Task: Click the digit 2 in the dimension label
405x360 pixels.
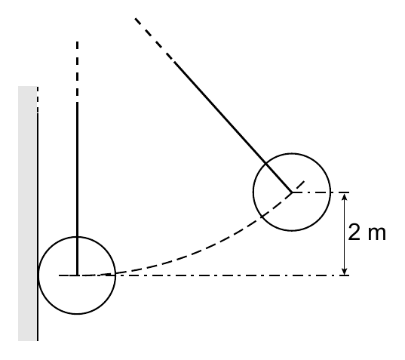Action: coord(354,232)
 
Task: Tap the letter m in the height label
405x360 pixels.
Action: coord(376,234)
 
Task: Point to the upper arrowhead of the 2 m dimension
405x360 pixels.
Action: coord(344,196)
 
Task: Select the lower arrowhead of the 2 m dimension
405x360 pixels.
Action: coord(344,272)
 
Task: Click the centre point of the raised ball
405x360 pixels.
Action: coord(292,192)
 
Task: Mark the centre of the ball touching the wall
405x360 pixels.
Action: coord(77,275)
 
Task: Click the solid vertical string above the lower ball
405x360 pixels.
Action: coord(77,189)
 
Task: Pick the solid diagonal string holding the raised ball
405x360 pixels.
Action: coord(233,127)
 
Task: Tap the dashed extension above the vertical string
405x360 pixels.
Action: coord(77,69)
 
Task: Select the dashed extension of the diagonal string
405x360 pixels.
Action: coord(154,39)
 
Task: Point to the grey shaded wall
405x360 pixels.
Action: coord(27,214)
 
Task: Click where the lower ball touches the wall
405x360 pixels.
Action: coord(38,275)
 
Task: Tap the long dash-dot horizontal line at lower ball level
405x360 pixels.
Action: coord(204,275)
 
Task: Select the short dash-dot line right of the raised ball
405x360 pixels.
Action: coord(321,192)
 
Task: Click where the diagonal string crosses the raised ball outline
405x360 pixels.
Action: coord(265,163)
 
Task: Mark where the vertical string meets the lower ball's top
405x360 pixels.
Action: coord(77,236)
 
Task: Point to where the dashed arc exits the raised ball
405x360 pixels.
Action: coord(262,216)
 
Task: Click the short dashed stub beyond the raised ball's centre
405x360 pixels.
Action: coord(299,186)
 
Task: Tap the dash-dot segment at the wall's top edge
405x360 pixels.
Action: coord(38,100)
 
